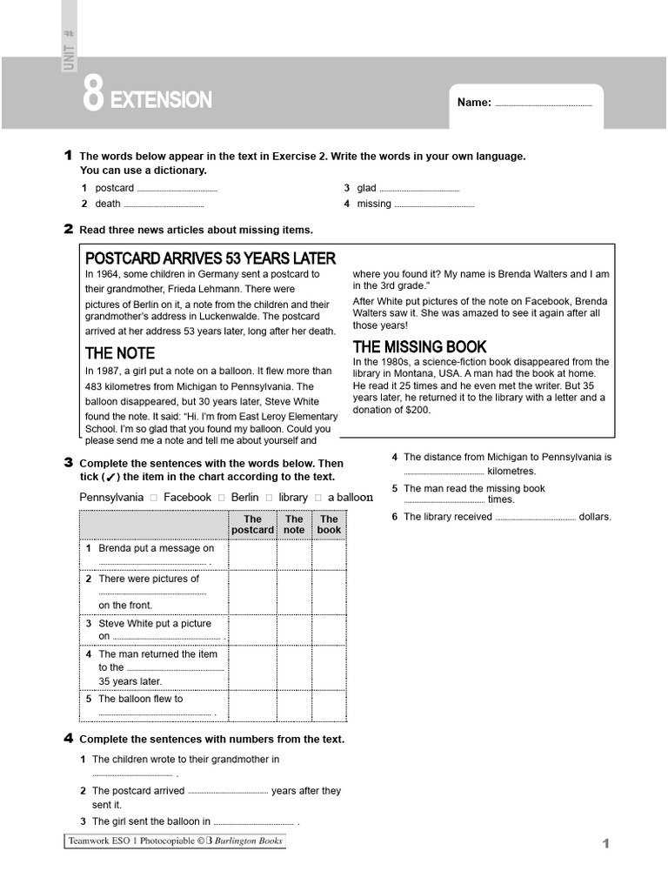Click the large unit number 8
pos(94,95)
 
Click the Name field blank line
pos(543,105)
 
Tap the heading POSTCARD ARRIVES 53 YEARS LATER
pos(210,258)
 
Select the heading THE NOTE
pos(120,353)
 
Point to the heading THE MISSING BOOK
pos(419,346)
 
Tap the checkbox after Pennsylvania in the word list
pos(153,498)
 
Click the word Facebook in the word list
pos(187,498)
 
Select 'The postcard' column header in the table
pos(252,525)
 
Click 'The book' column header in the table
pos(329,525)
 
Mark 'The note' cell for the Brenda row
pos(294,554)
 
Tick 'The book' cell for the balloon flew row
pos(329,706)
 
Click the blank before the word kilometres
pos(444,472)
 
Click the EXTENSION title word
pos(161,100)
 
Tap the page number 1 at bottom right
pos(605,843)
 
